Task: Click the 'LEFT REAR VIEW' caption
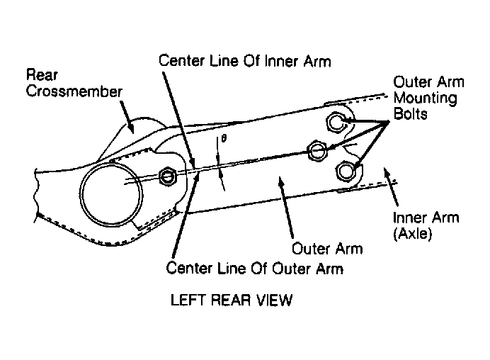coord(232,300)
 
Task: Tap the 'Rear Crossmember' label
coord(74,83)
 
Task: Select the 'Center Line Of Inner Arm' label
coord(245,61)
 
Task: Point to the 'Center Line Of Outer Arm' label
coord(254,269)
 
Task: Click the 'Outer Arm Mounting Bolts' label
coord(428,98)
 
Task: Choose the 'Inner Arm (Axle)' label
coord(426,225)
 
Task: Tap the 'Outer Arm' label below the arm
coord(327,249)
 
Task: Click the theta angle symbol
coord(224,138)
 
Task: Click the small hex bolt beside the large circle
coord(168,176)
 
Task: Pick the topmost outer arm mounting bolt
coord(336,122)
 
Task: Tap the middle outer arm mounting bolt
coord(317,151)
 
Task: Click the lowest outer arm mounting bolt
coord(346,171)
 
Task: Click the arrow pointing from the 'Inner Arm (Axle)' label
coord(391,187)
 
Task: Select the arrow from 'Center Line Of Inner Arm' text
coord(178,120)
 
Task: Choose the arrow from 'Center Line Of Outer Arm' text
coord(186,215)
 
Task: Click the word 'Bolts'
coord(410,113)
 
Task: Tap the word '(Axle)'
coord(412,233)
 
